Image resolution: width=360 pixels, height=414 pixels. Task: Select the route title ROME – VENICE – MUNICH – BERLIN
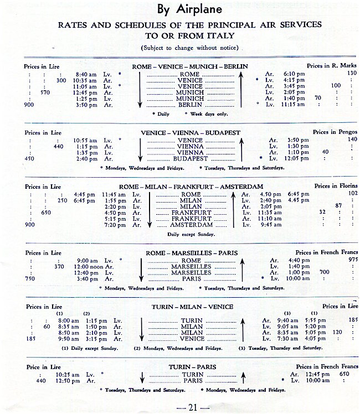tap(189, 66)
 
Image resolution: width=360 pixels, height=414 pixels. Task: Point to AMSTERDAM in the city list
tap(191, 225)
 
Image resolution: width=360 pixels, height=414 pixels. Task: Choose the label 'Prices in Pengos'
tap(335, 132)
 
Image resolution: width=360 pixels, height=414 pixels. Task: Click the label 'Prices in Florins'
tap(336, 186)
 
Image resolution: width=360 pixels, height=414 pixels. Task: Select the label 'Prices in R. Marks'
tap(332, 66)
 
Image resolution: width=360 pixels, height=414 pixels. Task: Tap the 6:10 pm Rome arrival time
tap(294, 74)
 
